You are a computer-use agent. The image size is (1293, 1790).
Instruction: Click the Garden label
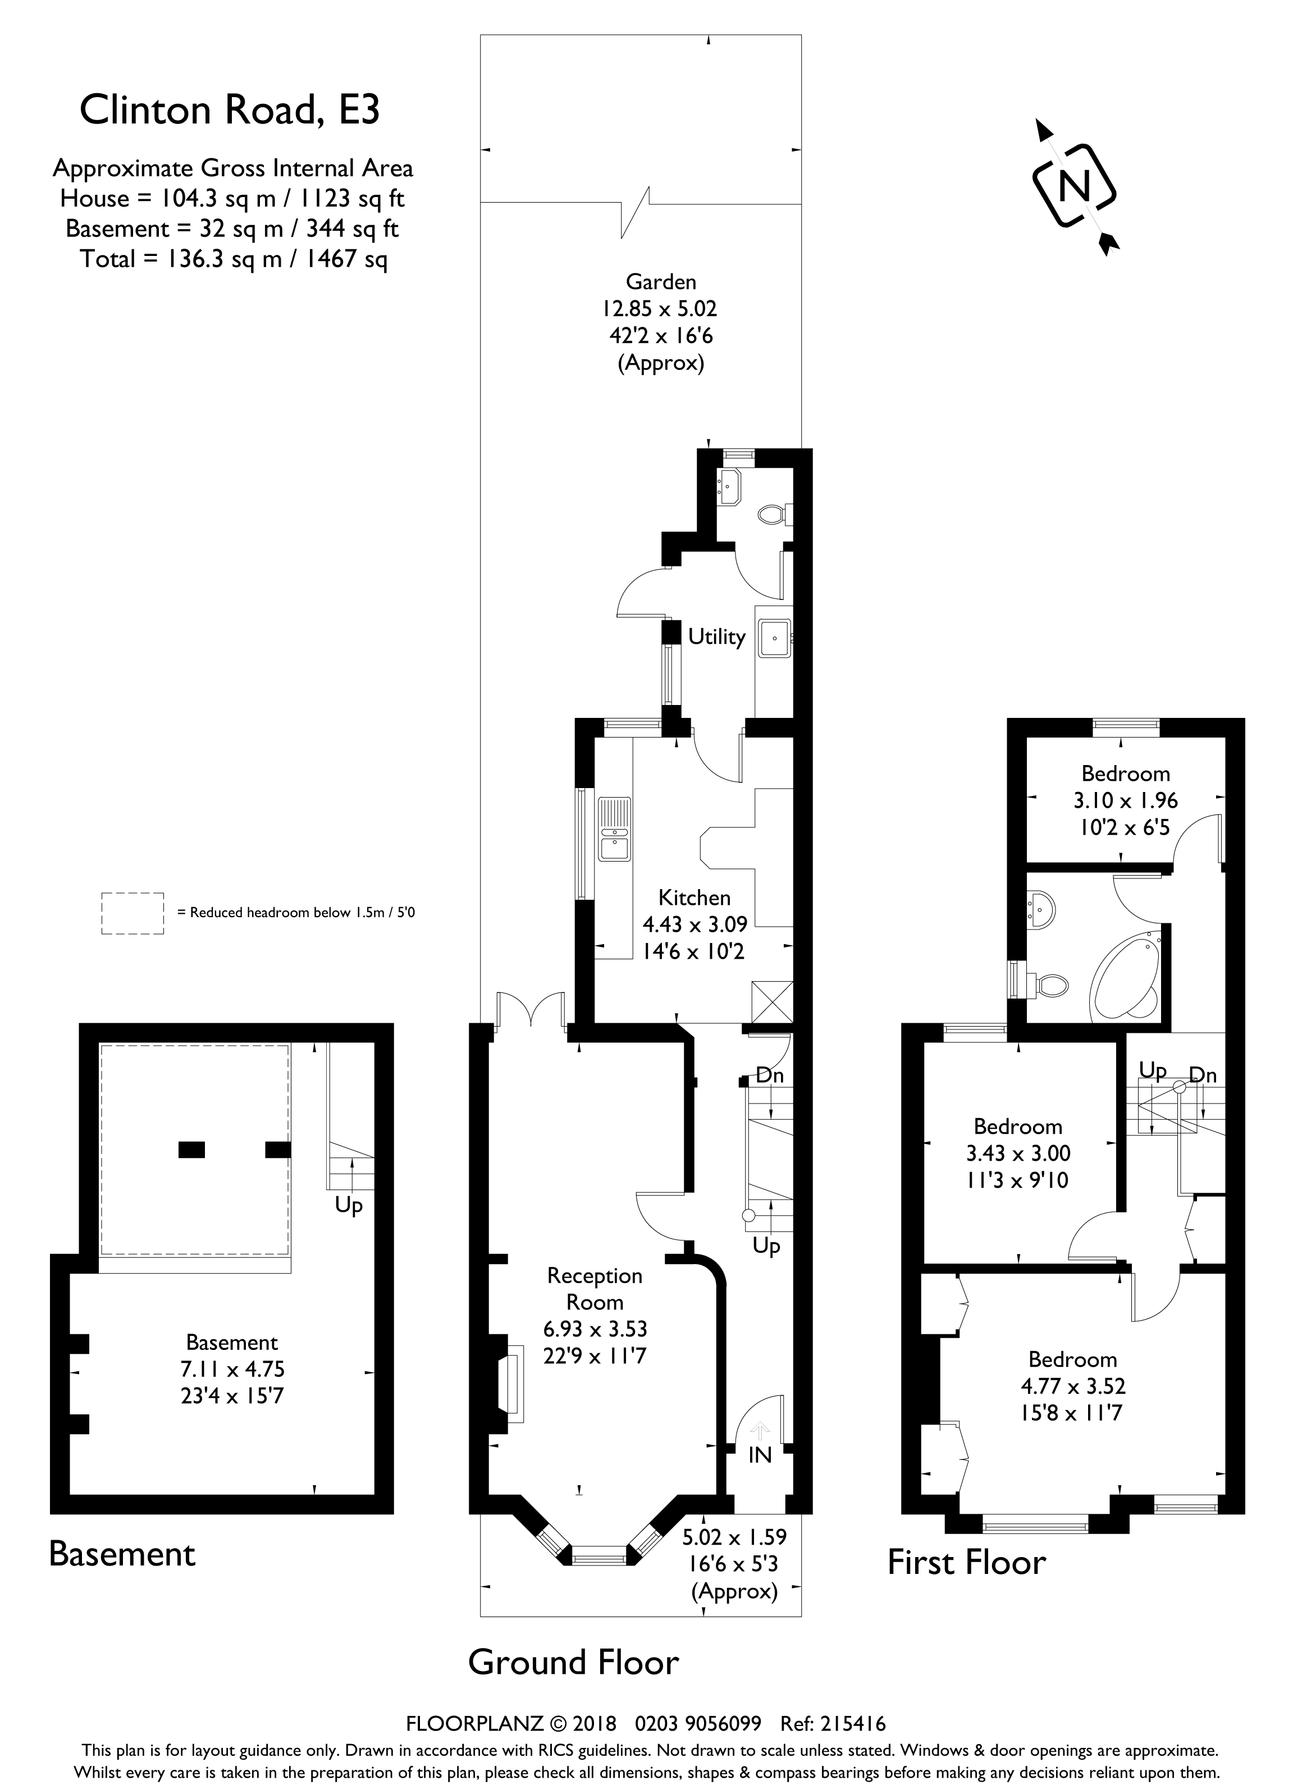(x=661, y=281)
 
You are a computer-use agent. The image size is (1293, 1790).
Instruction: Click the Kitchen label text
(x=695, y=898)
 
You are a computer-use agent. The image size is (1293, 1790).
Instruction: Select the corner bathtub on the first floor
(x=1124, y=976)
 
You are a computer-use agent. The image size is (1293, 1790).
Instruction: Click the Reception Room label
(x=595, y=1289)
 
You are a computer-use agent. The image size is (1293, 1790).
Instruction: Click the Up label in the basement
(x=348, y=1207)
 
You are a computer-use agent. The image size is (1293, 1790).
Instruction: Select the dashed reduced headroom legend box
(x=133, y=913)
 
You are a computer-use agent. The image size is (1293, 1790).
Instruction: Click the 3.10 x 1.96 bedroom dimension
(x=1125, y=800)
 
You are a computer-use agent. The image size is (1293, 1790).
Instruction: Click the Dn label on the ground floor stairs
(x=770, y=1075)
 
